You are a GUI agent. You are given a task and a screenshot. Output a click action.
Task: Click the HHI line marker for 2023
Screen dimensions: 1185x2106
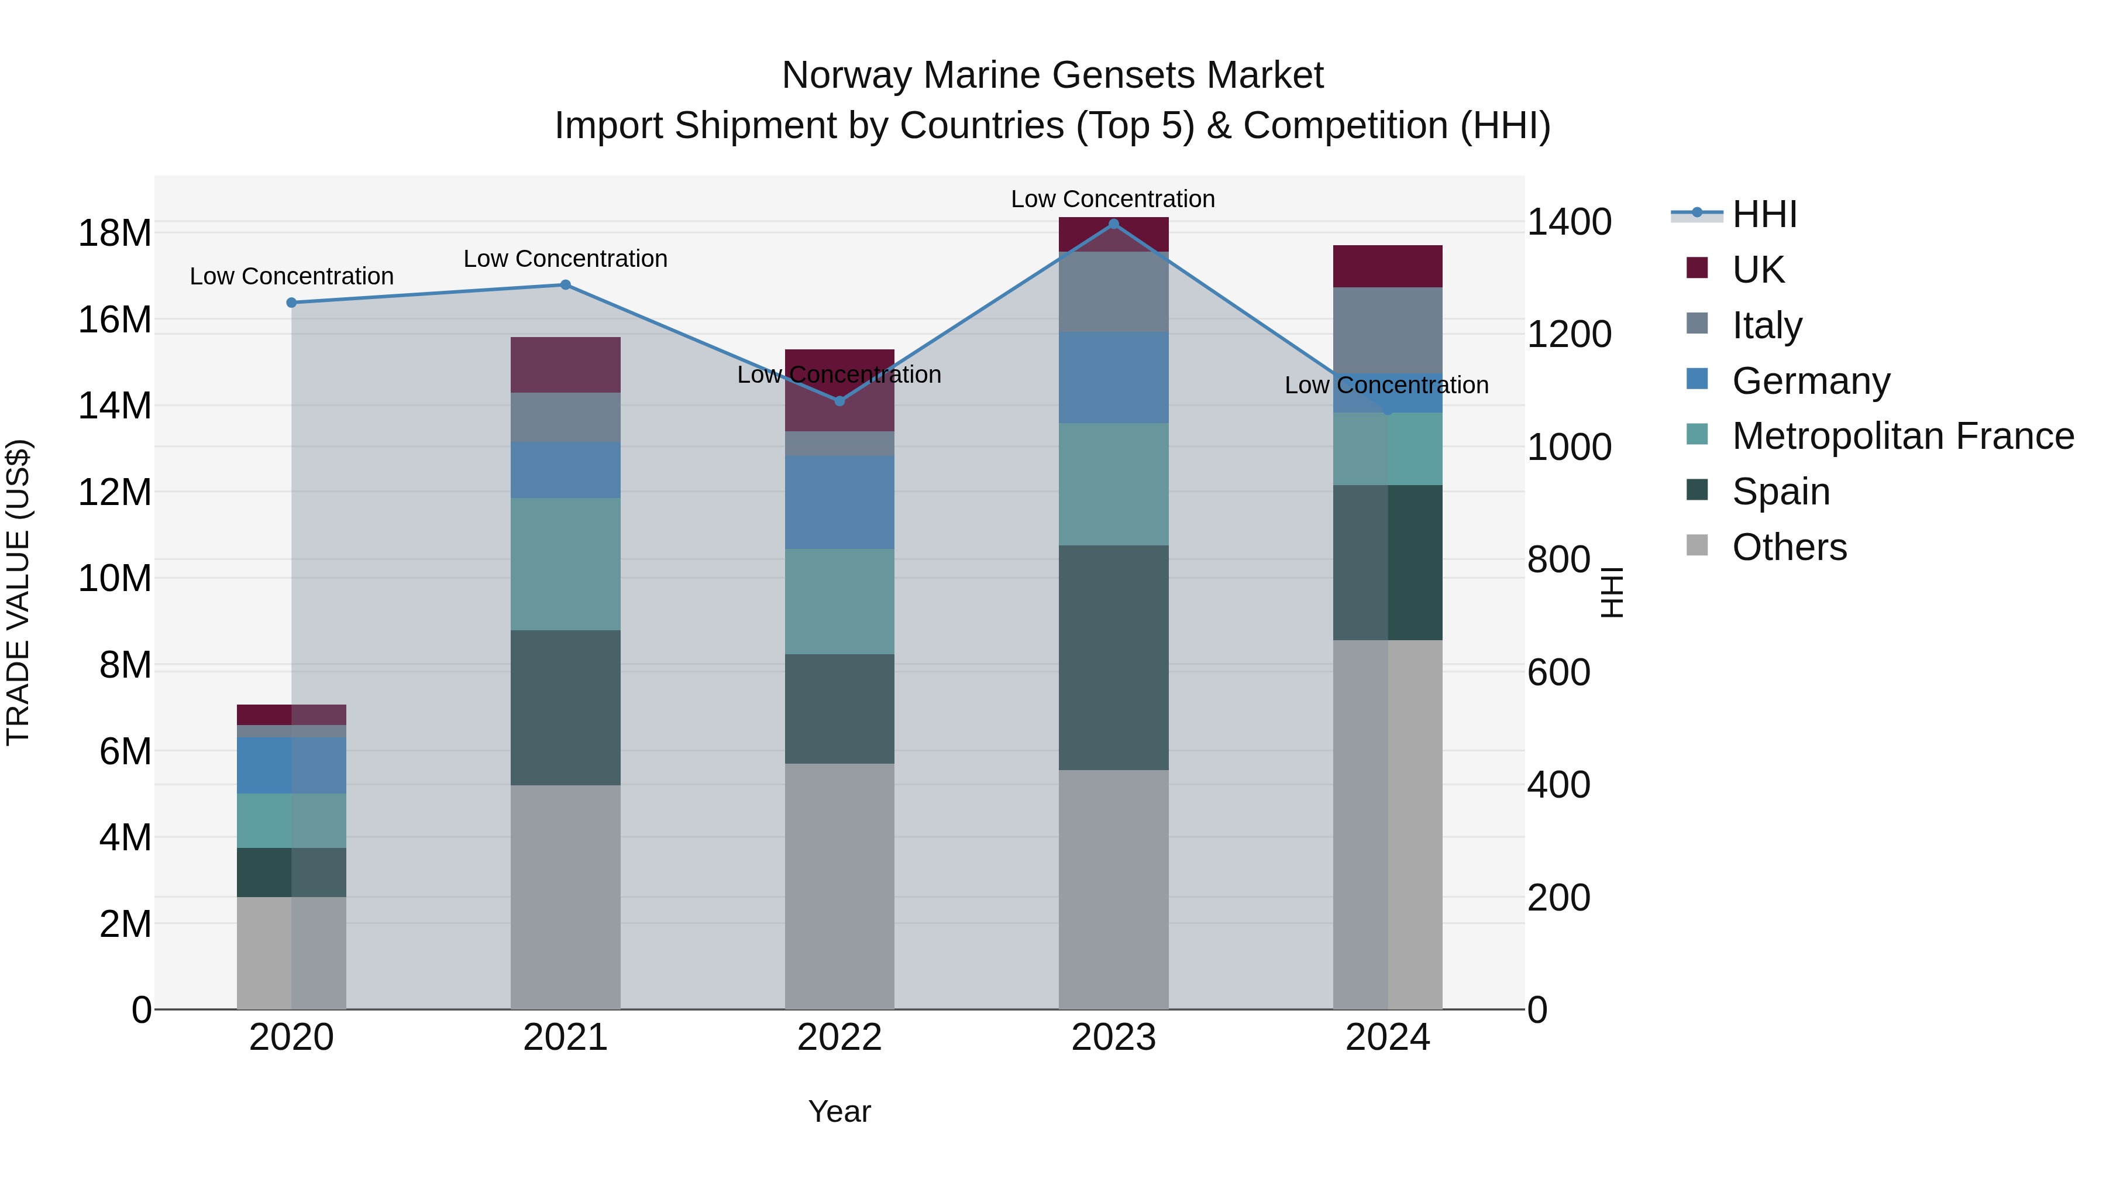point(1113,224)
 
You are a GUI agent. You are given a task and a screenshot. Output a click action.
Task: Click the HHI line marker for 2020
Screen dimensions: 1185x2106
point(292,303)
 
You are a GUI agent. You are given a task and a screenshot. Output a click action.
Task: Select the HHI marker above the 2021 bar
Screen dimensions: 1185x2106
point(565,284)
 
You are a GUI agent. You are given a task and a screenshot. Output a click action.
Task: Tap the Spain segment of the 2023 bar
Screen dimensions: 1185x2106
point(1113,658)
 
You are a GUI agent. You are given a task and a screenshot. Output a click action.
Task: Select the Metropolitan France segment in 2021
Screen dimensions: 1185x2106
point(565,564)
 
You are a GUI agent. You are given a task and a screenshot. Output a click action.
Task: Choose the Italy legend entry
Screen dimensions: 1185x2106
point(1766,325)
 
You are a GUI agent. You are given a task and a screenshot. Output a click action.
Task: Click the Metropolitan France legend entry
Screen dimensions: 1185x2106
point(1902,437)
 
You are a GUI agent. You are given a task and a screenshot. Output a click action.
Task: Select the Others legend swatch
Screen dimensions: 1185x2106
point(1697,545)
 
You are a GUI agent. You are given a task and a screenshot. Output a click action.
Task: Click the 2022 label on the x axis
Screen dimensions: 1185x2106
point(839,1038)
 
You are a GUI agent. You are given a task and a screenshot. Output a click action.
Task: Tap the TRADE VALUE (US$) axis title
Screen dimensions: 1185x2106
point(18,592)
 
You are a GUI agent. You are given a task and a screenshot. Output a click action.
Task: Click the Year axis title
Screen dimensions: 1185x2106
point(839,1111)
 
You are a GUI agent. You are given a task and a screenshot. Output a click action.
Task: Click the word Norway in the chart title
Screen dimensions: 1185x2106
point(845,75)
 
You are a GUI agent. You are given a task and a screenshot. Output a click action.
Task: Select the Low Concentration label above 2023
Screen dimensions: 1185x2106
point(1113,199)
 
